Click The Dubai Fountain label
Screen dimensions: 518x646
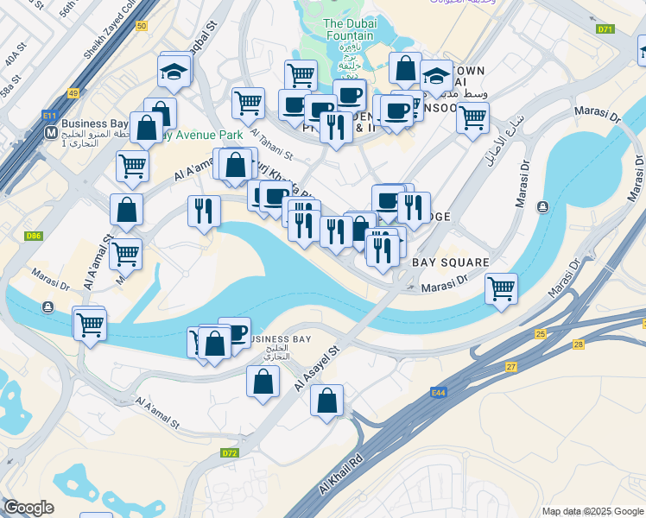click(350, 29)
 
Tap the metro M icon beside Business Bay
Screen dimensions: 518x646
click(52, 134)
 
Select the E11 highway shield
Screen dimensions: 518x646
click(49, 114)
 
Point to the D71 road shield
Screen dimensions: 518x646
click(605, 29)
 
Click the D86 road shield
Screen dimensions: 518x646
click(35, 235)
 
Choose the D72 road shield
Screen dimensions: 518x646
click(230, 452)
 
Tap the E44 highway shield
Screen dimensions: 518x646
click(439, 393)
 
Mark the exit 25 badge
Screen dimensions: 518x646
click(541, 333)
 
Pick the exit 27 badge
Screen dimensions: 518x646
click(511, 367)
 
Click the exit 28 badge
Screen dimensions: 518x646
click(579, 344)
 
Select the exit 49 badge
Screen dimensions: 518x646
click(73, 93)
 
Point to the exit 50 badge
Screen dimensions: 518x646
click(142, 27)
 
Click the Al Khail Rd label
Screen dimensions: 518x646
click(344, 471)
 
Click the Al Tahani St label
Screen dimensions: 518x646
click(273, 144)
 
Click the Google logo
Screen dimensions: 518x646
click(29, 508)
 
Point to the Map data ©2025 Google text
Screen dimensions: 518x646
click(592, 511)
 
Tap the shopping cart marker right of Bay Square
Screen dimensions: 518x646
click(501, 288)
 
